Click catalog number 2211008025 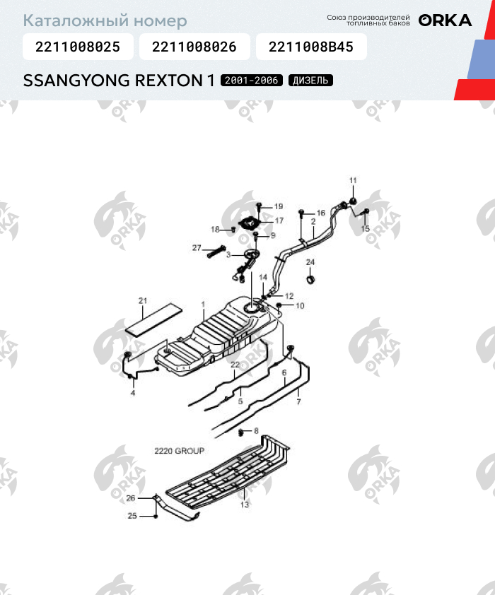(76, 47)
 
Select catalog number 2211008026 (194, 47)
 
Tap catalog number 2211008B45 (311, 47)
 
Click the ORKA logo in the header (445, 20)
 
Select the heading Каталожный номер (105, 21)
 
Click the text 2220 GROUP (179, 450)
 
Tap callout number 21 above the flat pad (142, 301)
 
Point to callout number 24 (310, 262)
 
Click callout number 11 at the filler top (354, 181)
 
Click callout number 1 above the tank (203, 305)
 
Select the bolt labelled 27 (216, 251)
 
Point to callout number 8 (256, 430)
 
